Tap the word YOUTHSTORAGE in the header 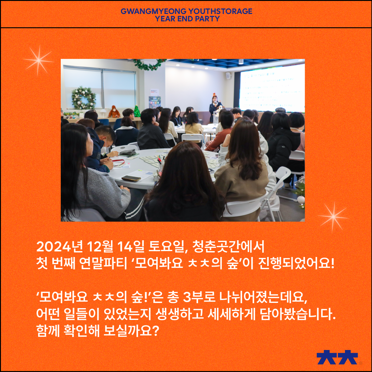point(220,11)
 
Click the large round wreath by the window point(84,98)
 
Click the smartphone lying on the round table point(131,178)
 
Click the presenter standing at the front point(214,108)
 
